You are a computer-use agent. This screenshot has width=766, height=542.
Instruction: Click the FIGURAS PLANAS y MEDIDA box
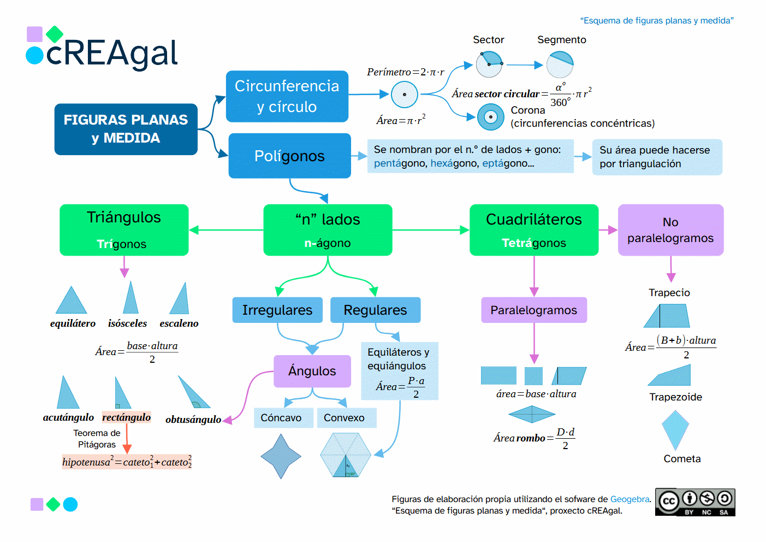(x=126, y=129)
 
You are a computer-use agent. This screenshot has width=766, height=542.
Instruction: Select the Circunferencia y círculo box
(x=287, y=96)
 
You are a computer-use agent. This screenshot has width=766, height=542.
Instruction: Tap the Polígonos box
(x=289, y=156)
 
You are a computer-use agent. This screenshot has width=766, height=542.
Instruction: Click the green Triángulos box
(x=124, y=229)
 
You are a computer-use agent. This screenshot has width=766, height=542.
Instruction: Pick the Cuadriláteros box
(x=533, y=229)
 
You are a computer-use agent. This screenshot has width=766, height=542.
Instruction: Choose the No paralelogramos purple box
(x=670, y=229)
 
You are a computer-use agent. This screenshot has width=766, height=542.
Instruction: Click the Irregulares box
(x=277, y=310)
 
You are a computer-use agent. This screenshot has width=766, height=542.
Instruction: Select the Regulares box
(x=375, y=310)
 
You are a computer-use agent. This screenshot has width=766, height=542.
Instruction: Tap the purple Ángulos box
(x=312, y=371)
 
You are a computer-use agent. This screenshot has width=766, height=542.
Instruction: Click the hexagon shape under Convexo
(x=346, y=455)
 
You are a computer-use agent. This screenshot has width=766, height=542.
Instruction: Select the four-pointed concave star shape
(x=281, y=456)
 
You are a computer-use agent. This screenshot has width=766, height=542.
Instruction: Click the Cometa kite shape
(x=675, y=429)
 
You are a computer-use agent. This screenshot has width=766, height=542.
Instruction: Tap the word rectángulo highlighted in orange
(x=126, y=417)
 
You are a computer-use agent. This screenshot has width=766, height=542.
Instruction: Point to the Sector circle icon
(x=489, y=64)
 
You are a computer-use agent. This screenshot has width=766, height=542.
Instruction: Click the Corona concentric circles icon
(x=490, y=117)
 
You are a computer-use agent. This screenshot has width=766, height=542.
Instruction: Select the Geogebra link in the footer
(x=630, y=499)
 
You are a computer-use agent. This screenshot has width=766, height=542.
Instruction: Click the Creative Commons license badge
(x=695, y=502)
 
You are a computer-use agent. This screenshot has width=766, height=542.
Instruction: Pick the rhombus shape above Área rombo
(x=532, y=415)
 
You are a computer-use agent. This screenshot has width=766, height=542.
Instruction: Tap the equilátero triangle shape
(x=72, y=301)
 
